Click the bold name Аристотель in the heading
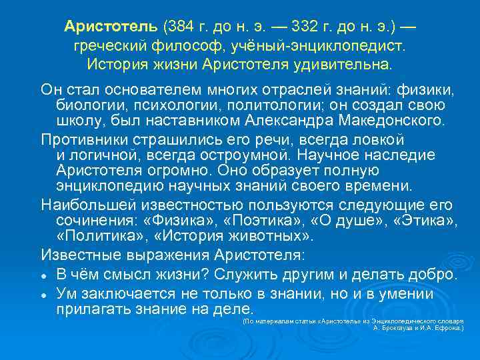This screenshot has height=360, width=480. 111,27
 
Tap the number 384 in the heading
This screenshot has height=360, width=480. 180,27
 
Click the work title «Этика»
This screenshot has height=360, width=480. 422,220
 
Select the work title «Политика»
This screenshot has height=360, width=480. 98,237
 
